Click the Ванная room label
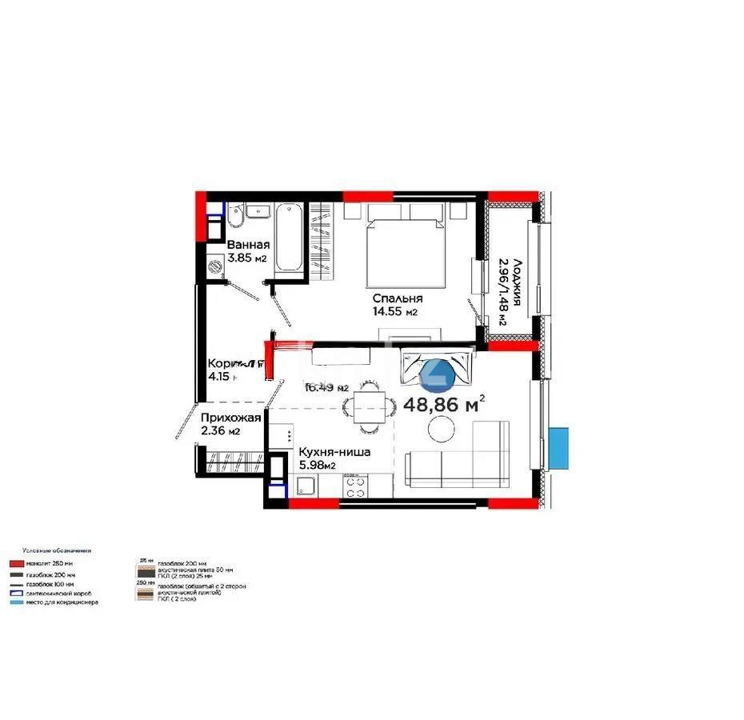pyautogui.click(x=248, y=246)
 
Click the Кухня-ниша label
pyautogui.click(x=334, y=452)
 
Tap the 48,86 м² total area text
pyautogui.click(x=445, y=404)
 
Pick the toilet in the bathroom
pyautogui.click(x=236, y=217)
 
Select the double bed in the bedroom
pyautogui.click(x=406, y=244)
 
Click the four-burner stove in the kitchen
pyautogui.click(x=355, y=485)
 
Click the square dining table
pyautogui.click(x=369, y=406)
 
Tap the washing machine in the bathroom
pyautogui.click(x=215, y=268)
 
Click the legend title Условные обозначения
pyautogui.click(x=57, y=550)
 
